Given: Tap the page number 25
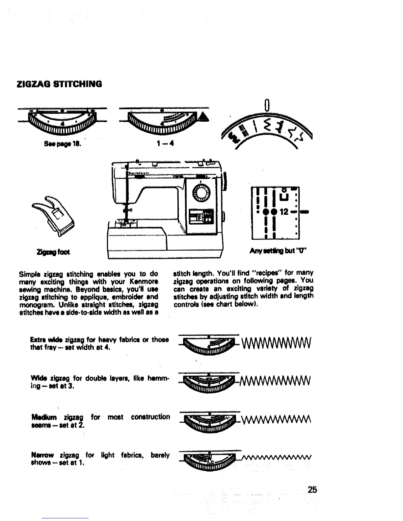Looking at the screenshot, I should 312,489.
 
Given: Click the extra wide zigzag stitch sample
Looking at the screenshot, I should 276,344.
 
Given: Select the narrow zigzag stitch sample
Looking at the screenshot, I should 276,456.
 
